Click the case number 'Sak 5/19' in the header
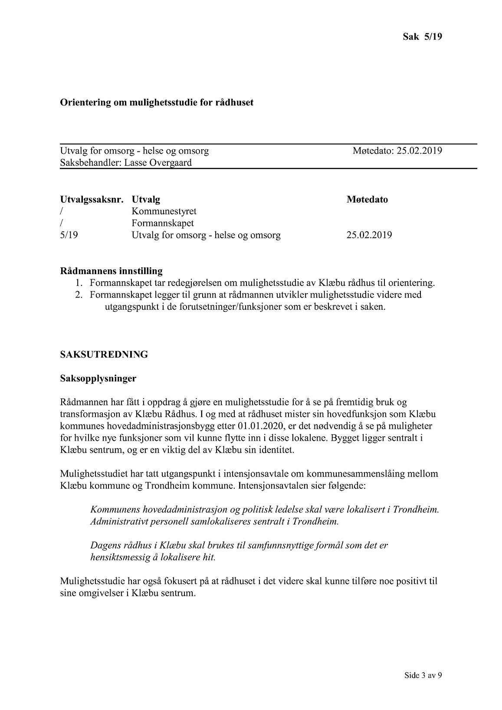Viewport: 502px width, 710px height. coord(422,37)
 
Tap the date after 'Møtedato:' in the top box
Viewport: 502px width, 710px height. coord(419,151)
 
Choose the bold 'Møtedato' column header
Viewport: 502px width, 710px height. coord(367,200)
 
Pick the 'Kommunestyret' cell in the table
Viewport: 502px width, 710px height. coord(164,211)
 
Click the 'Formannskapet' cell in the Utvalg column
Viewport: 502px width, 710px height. coord(163,223)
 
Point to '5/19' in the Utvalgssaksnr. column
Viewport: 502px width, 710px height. coord(69,235)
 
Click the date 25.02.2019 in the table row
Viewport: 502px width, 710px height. coord(369,235)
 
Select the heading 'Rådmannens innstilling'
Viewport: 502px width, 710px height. coord(111,271)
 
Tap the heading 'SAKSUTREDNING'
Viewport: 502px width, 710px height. coord(104,354)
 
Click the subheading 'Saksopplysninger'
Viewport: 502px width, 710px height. coord(98,378)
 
